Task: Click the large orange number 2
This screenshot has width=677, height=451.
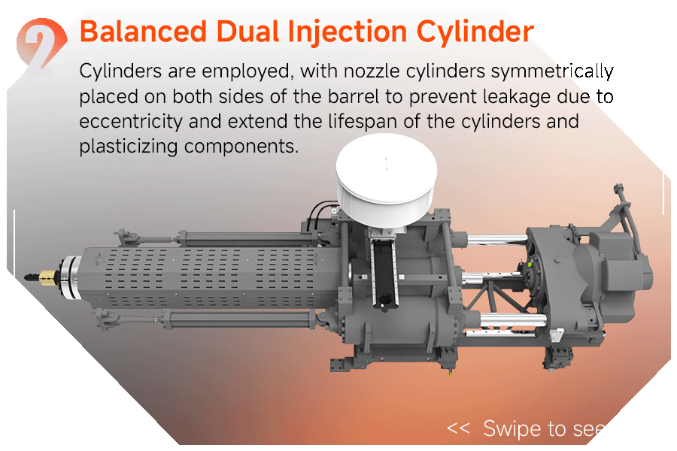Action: [x=41, y=47]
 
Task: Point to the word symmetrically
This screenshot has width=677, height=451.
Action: [x=552, y=71]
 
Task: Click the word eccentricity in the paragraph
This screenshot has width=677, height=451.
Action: [x=131, y=122]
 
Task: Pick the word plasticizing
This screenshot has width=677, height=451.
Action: [x=128, y=147]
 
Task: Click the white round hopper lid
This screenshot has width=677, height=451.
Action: [x=387, y=178]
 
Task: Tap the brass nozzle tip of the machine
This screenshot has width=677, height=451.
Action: [x=48, y=277]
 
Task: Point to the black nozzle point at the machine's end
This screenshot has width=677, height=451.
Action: [x=31, y=276]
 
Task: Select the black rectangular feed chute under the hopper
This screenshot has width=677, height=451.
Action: [x=384, y=274]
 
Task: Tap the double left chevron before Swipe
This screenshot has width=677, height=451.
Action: [x=458, y=428]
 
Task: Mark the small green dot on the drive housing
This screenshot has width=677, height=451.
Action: [x=530, y=263]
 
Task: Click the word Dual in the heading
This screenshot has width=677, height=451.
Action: [x=247, y=32]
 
